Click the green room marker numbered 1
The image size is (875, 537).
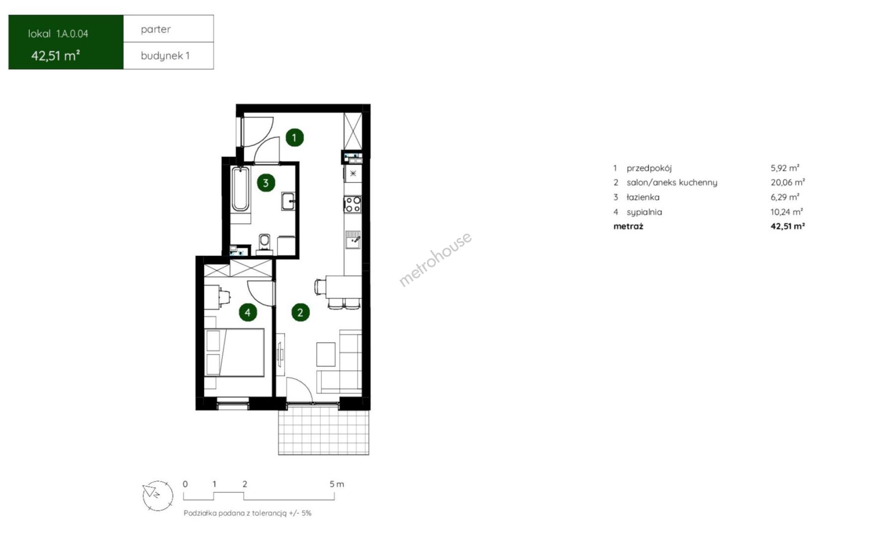coord(294,137)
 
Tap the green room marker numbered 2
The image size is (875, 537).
coord(300,312)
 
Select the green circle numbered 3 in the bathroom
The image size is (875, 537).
coord(266,183)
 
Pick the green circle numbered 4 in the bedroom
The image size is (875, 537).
coord(248,312)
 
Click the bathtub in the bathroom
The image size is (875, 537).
coord(241,189)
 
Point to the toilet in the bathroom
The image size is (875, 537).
coord(264,241)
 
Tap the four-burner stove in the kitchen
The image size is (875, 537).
coord(353,204)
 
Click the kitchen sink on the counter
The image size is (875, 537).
coord(353,239)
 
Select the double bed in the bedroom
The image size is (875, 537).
coord(234,353)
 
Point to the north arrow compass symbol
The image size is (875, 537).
coord(158,496)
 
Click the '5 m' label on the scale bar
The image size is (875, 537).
coord(337,484)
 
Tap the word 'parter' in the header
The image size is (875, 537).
coord(156,29)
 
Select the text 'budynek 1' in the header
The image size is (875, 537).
coord(165,56)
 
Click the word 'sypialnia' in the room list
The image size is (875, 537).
coord(644,212)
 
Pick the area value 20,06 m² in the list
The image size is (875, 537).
coord(787,182)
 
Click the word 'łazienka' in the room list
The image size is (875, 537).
coord(643,197)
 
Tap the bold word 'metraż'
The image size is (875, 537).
coord(628,226)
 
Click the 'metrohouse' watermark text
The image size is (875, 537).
coord(436,259)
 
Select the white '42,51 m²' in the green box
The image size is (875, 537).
coord(56,55)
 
